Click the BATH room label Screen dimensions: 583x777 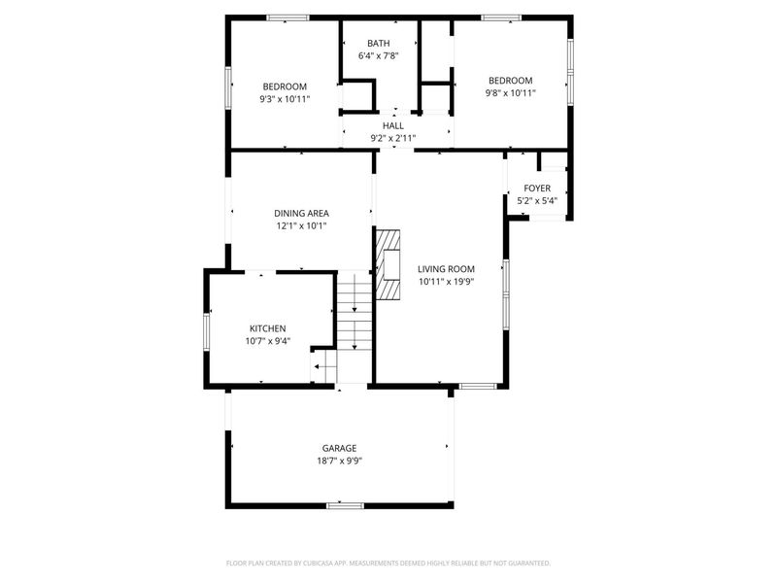point(379,43)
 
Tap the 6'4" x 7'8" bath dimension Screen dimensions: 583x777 point(379,55)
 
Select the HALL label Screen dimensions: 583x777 point(392,125)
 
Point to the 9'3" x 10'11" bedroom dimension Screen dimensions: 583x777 point(285,99)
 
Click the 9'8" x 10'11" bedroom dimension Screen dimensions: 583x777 point(510,93)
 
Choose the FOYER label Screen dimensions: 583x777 point(537,189)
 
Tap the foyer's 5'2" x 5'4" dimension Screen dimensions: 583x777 point(537,201)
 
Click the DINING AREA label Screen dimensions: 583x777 point(301,213)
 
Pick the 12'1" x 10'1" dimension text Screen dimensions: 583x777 point(301,225)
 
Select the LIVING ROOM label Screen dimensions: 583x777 point(446,269)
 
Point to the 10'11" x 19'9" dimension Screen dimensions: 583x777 point(446,282)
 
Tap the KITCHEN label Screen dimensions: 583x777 point(267,328)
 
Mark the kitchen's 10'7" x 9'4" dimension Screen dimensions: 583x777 point(267,341)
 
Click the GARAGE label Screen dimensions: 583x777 point(340,448)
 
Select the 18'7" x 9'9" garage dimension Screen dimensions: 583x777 point(340,461)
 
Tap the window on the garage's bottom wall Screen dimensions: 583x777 point(345,505)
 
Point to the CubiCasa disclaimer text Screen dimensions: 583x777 point(388,563)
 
